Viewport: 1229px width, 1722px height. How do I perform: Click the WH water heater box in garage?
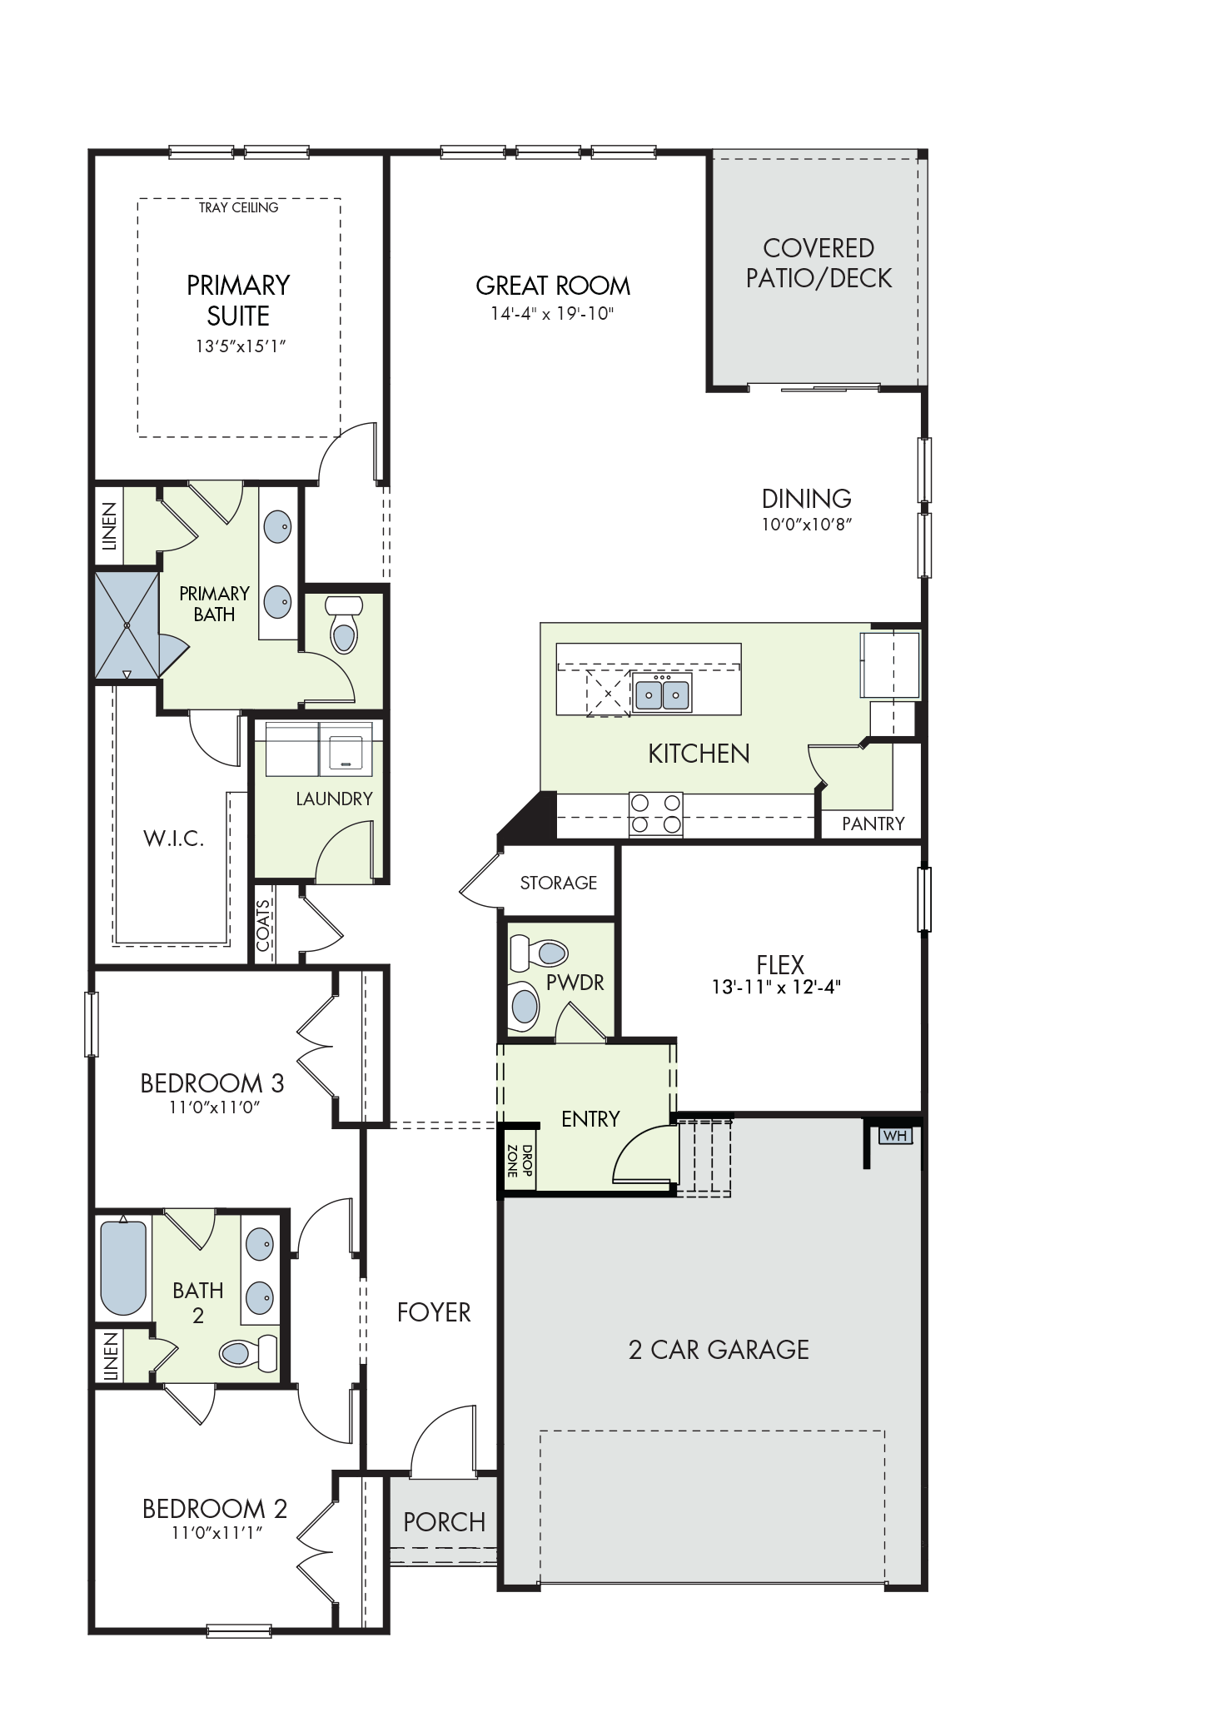(895, 1136)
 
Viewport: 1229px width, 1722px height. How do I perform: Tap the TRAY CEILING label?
(238, 207)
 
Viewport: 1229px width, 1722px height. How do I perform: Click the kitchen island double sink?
(662, 692)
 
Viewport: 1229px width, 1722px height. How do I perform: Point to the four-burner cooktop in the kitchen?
(655, 814)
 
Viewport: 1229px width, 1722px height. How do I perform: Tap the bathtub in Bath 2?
(123, 1267)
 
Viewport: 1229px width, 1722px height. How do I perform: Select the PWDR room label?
(575, 983)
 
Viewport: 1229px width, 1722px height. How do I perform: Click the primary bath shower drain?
(127, 625)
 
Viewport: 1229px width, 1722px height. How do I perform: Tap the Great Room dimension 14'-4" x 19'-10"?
(553, 314)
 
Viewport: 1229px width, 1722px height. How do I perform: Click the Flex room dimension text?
(776, 988)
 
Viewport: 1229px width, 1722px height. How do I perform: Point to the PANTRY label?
(873, 824)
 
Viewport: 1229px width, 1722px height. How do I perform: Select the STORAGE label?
(559, 883)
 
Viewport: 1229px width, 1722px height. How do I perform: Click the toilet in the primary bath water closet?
(342, 625)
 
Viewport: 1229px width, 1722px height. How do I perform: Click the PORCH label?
(444, 1522)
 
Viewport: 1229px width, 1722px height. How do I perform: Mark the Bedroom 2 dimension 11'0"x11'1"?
(216, 1533)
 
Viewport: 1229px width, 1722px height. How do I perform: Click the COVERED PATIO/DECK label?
(819, 262)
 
